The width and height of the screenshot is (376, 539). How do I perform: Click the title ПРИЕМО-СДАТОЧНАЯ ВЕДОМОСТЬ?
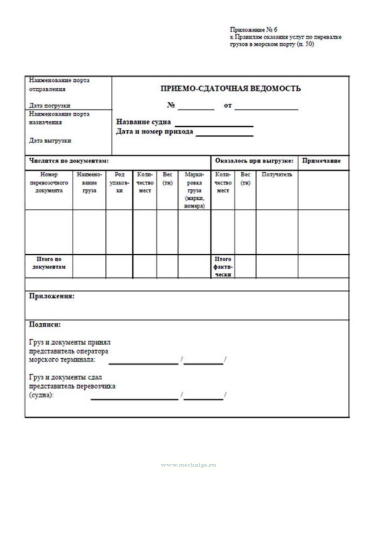click(230, 89)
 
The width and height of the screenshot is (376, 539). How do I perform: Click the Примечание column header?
click(321, 161)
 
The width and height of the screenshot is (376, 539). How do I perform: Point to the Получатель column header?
click(277, 175)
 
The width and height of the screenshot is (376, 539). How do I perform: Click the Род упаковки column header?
click(119, 182)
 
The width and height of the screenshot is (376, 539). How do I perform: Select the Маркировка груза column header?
click(194, 190)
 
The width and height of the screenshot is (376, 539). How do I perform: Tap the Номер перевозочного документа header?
click(49, 182)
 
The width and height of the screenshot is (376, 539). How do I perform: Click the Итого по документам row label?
click(49, 263)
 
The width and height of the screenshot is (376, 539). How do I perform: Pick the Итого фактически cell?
click(223, 266)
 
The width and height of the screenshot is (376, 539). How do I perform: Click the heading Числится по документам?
click(69, 161)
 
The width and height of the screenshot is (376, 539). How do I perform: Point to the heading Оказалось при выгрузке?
click(254, 161)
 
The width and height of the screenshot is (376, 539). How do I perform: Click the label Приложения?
click(52, 296)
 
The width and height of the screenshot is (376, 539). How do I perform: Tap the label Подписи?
click(45, 325)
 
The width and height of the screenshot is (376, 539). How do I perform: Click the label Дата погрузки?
click(50, 105)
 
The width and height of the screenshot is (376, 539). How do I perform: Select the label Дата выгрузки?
click(50, 141)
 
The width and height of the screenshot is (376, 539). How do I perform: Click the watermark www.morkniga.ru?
click(188, 465)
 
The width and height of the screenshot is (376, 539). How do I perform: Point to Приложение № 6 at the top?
click(254, 30)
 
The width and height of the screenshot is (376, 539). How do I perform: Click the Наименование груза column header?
click(89, 182)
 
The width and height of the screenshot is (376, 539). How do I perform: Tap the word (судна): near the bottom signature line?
click(41, 395)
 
